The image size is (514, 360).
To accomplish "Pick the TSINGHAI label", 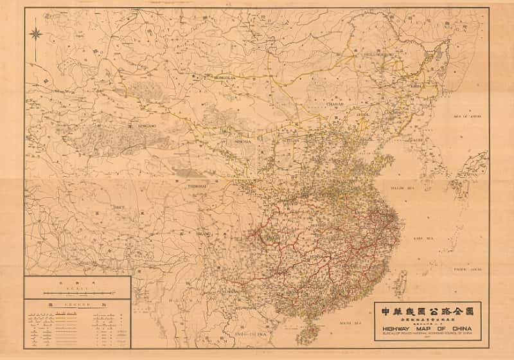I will tap(197, 186).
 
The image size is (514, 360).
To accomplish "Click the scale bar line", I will tap(77, 292).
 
